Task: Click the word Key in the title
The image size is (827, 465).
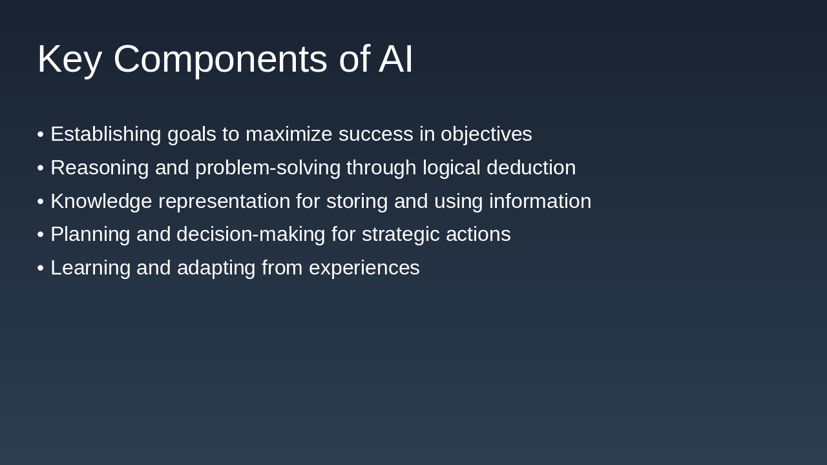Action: pyautogui.click(x=69, y=59)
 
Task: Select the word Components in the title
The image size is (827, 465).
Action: pyautogui.click(x=220, y=59)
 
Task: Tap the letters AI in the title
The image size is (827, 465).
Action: pyautogui.click(x=395, y=59)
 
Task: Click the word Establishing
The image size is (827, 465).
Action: pyautogui.click(x=106, y=134)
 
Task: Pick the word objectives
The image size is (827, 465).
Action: pyautogui.click(x=486, y=134)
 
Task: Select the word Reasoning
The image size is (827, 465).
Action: pyautogui.click(x=99, y=168)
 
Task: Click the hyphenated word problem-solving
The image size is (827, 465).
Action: pyautogui.click(x=267, y=168)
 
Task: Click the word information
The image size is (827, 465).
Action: pyautogui.click(x=539, y=201)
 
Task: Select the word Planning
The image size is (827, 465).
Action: pyautogui.click(x=90, y=234)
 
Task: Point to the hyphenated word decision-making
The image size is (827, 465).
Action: pyautogui.click(x=251, y=234)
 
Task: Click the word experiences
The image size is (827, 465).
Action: pyautogui.click(x=364, y=268)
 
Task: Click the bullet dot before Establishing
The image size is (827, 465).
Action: pyautogui.click(x=40, y=134)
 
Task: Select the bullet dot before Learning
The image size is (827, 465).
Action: pyautogui.click(x=40, y=268)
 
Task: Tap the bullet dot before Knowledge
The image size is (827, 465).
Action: pyautogui.click(x=40, y=201)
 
